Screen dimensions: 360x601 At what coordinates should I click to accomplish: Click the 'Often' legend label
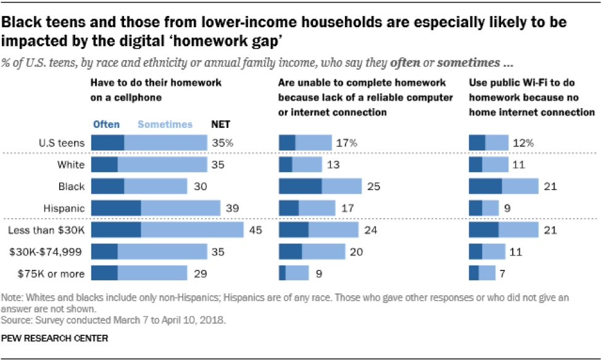[106, 125]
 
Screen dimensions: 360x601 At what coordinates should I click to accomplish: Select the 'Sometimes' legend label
[165, 125]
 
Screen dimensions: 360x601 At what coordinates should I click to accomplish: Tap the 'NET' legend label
[222, 125]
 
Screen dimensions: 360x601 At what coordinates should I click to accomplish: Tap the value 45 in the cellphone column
[255, 230]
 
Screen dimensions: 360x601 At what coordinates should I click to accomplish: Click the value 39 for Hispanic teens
[232, 208]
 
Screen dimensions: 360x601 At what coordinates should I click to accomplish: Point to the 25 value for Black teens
[373, 186]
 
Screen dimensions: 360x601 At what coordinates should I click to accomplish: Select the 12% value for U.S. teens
[523, 143]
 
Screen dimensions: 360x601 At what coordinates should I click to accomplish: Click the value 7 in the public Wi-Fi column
[504, 273]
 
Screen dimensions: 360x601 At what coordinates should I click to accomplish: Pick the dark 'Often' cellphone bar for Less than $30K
[116, 230]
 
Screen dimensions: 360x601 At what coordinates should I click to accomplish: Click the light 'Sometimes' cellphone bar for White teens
[162, 165]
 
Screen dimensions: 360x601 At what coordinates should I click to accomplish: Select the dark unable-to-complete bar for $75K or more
[283, 273]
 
